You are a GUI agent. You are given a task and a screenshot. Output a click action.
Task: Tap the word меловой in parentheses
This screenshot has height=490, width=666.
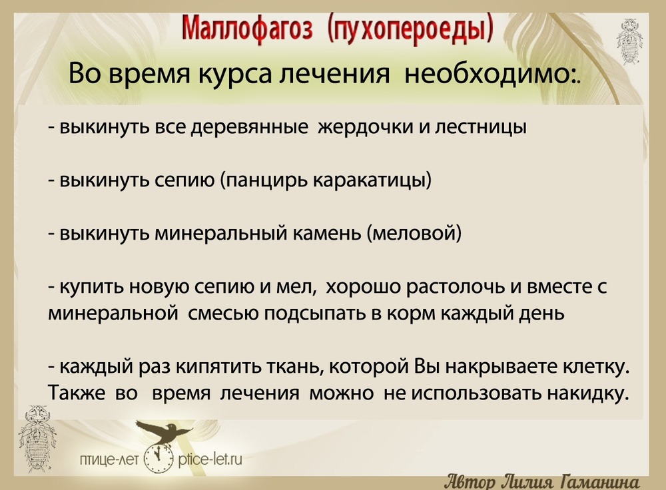click(x=416, y=234)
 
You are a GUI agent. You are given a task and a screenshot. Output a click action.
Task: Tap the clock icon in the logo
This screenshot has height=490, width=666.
click(x=159, y=458)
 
